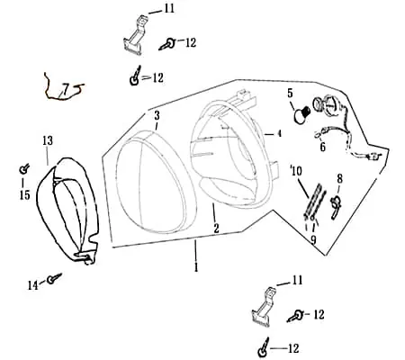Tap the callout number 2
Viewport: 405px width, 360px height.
click(x=216, y=229)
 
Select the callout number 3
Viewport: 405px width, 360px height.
click(x=157, y=115)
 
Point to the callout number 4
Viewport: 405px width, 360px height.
click(x=279, y=133)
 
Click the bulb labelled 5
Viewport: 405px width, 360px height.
click(x=301, y=114)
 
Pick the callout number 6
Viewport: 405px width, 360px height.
click(x=322, y=147)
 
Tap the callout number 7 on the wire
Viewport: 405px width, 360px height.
click(x=66, y=88)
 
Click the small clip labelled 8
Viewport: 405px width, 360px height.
click(x=336, y=206)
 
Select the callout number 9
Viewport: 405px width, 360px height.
click(x=313, y=240)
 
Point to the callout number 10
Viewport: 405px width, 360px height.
click(x=297, y=171)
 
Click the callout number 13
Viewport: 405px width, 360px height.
click(x=48, y=140)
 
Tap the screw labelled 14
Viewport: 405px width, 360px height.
click(x=54, y=278)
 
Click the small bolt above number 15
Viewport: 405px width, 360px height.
click(x=23, y=169)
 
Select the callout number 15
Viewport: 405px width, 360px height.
click(x=25, y=195)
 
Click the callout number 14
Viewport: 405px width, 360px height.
click(x=33, y=285)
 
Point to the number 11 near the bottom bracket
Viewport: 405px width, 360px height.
click(x=297, y=281)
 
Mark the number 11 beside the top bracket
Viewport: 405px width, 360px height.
click(x=169, y=8)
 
